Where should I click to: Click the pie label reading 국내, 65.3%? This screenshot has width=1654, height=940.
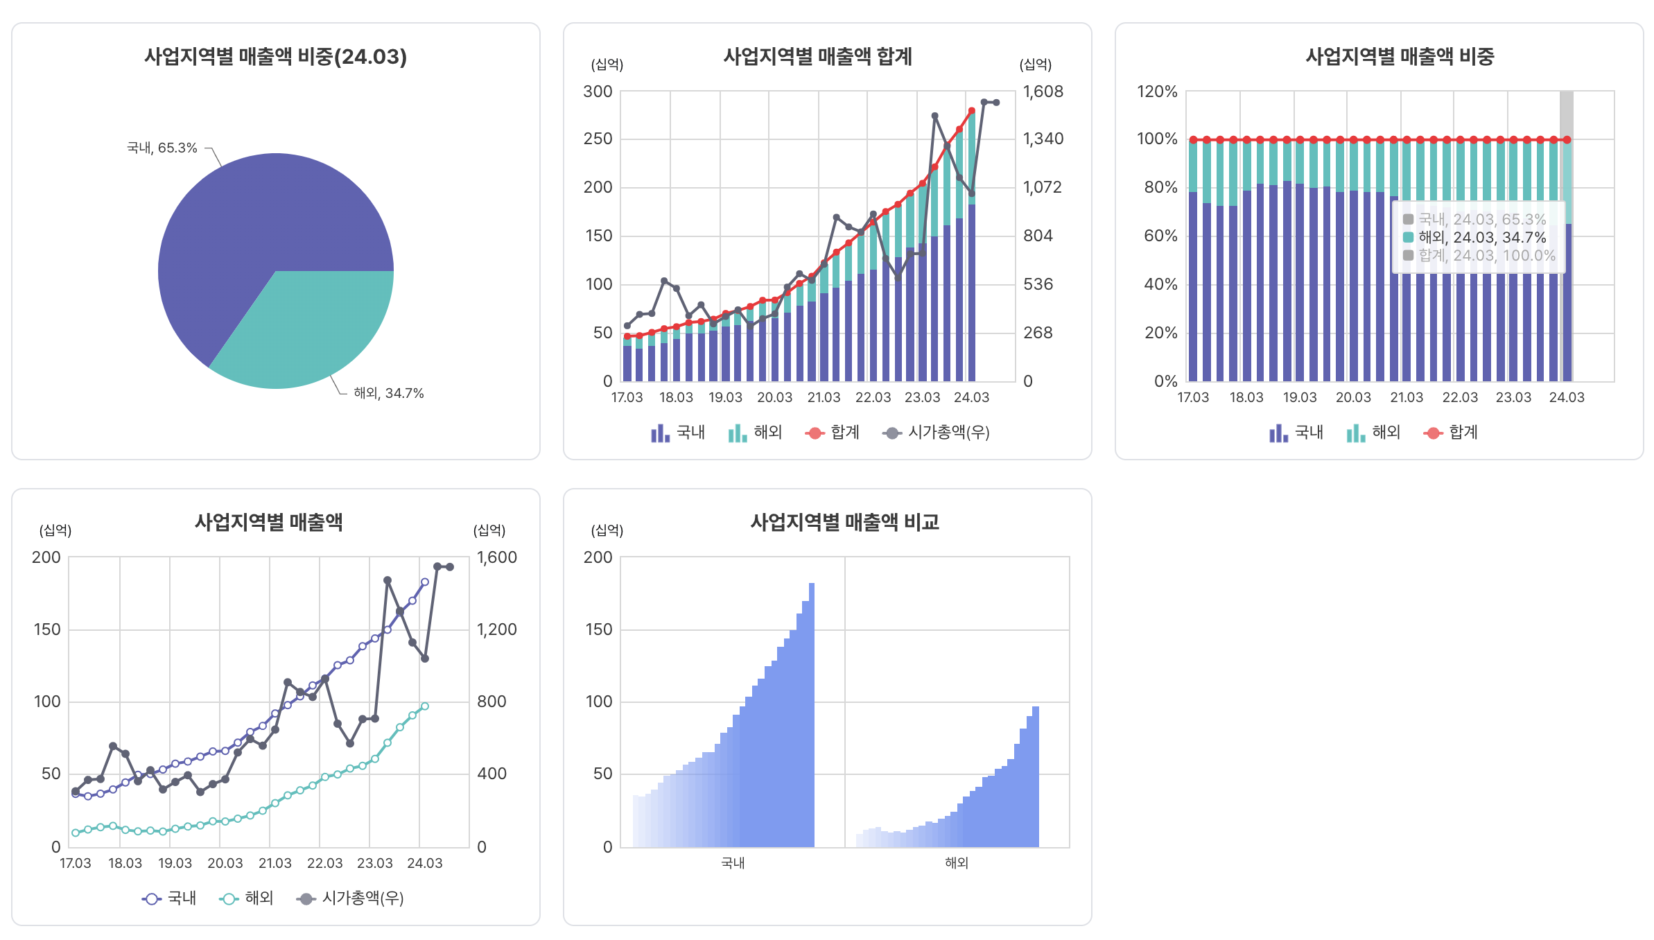pos(162,148)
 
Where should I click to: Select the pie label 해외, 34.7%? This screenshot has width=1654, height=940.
pos(388,393)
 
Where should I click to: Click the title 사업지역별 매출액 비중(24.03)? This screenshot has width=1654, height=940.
pos(275,57)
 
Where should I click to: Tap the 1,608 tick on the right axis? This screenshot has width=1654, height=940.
pos(1043,92)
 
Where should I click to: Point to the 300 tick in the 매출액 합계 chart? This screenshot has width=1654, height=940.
pos(598,92)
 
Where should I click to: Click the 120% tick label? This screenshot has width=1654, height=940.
pos(1157,92)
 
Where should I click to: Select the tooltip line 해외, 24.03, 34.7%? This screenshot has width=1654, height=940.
pos(1482,237)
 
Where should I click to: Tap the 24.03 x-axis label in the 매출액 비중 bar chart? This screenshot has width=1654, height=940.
pos(1567,397)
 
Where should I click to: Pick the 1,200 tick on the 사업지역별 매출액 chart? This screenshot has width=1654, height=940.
pos(496,629)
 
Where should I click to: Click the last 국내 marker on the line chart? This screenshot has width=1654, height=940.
pos(425,582)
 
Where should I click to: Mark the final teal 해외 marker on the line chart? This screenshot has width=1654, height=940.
pos(425,706)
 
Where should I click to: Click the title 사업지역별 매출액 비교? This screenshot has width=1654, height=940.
pos(844,523)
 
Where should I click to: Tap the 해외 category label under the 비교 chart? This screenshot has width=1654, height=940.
pos(957,863)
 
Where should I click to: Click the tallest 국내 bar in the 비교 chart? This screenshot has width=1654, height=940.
pos(812,714)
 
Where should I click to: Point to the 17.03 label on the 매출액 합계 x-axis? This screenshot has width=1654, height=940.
pos(627,397)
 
